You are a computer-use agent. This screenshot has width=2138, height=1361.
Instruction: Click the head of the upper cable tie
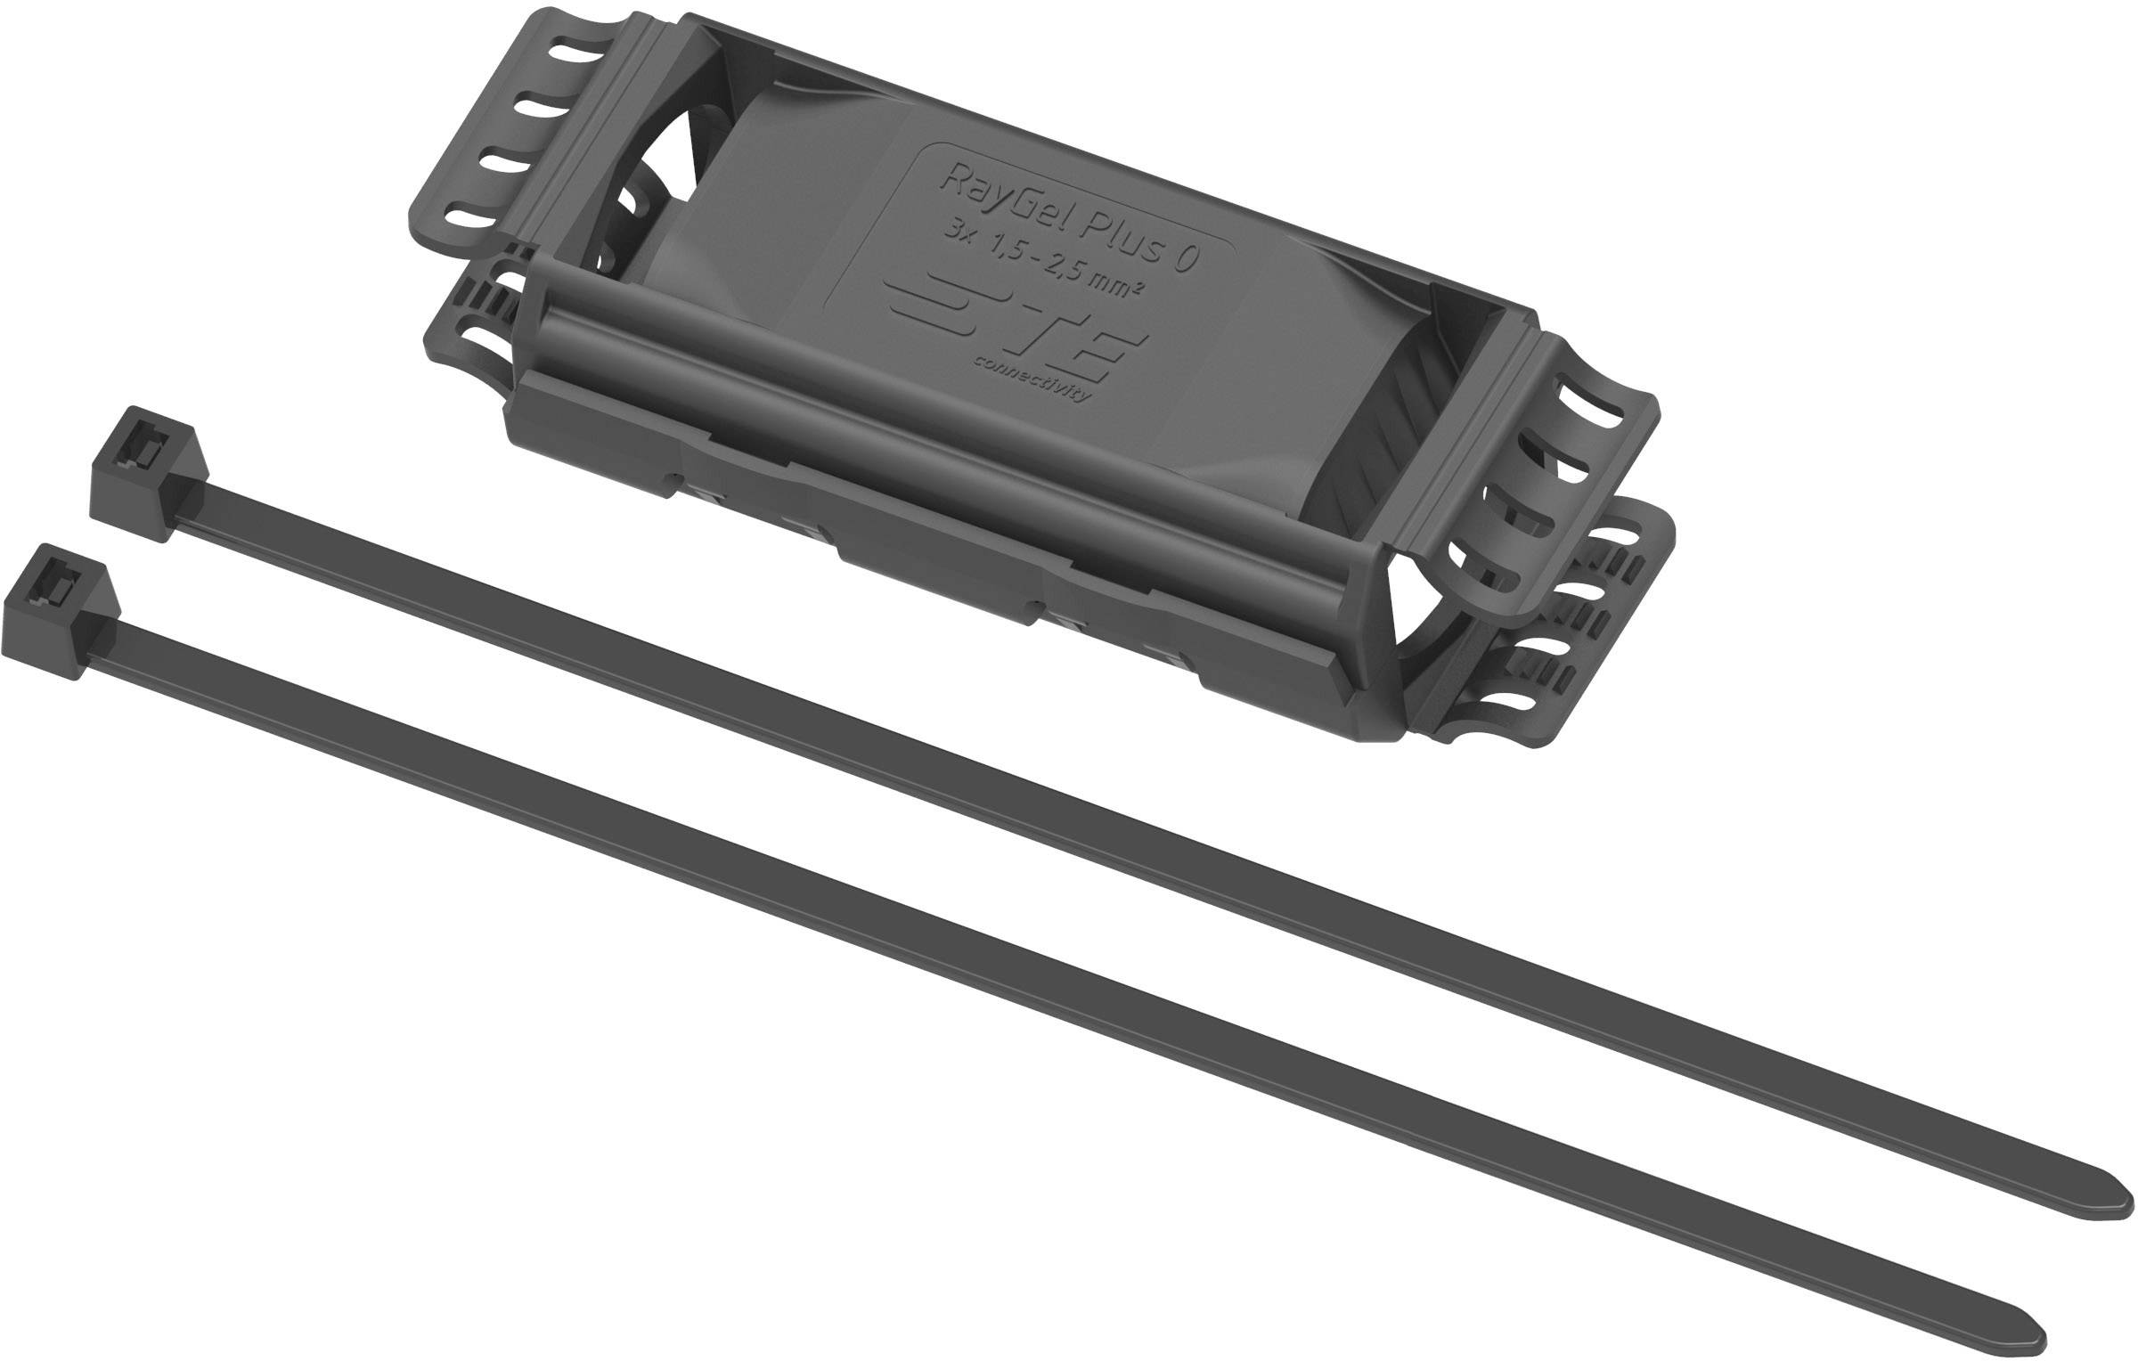point(148,471)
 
